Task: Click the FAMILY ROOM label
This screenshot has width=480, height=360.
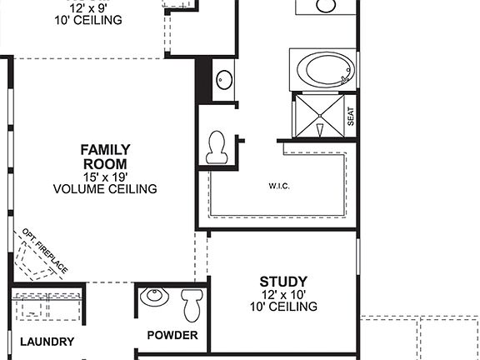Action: (x=105, y=156)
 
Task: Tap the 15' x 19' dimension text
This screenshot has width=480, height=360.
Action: (x=105, y=177)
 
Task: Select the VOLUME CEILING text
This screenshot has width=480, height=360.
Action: (x=105, y=189)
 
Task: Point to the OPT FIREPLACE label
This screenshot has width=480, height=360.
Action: (x=44, y=249)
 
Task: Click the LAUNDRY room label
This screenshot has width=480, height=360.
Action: (x=47, y=342)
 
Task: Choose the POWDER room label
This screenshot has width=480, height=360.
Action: (x=172, y=335)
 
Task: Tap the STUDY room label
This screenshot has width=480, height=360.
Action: (x=283, y=282)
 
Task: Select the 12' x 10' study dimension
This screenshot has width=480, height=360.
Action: (x=283, y=295)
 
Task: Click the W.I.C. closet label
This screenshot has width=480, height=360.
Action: (x=278, y=185)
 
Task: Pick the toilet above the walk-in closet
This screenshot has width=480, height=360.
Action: (x=217, y=147)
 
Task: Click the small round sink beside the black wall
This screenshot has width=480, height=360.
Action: (x=223, y=80)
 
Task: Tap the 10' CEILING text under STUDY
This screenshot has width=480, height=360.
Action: (x=283, y=307)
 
